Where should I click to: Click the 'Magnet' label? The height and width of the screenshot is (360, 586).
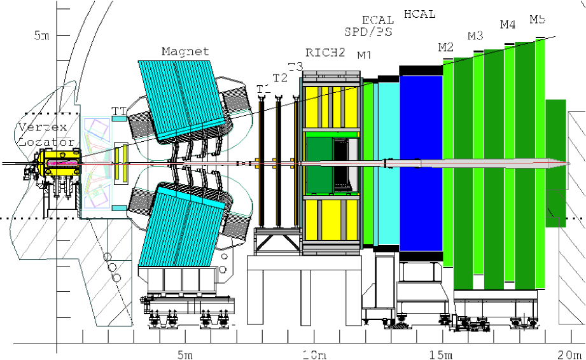[185, 52]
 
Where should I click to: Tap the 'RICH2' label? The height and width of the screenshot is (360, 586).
[325, 53]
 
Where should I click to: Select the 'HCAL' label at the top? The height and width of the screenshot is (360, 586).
[419, 13]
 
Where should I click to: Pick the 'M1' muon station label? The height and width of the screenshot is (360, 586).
[364, 55]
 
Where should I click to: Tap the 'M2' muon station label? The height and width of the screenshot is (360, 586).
[445, 46]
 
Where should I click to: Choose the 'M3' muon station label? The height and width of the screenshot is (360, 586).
[475, 36]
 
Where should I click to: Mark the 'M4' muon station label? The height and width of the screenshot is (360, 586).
[507, 25]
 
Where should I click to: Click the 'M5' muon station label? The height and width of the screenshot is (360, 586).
[538, 20]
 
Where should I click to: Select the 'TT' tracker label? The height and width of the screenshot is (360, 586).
[118, 111]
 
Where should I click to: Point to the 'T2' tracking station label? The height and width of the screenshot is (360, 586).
[280, 78]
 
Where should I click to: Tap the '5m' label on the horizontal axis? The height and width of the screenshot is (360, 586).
[185, 354]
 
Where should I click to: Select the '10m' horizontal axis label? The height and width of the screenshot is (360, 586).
[315, 354]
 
